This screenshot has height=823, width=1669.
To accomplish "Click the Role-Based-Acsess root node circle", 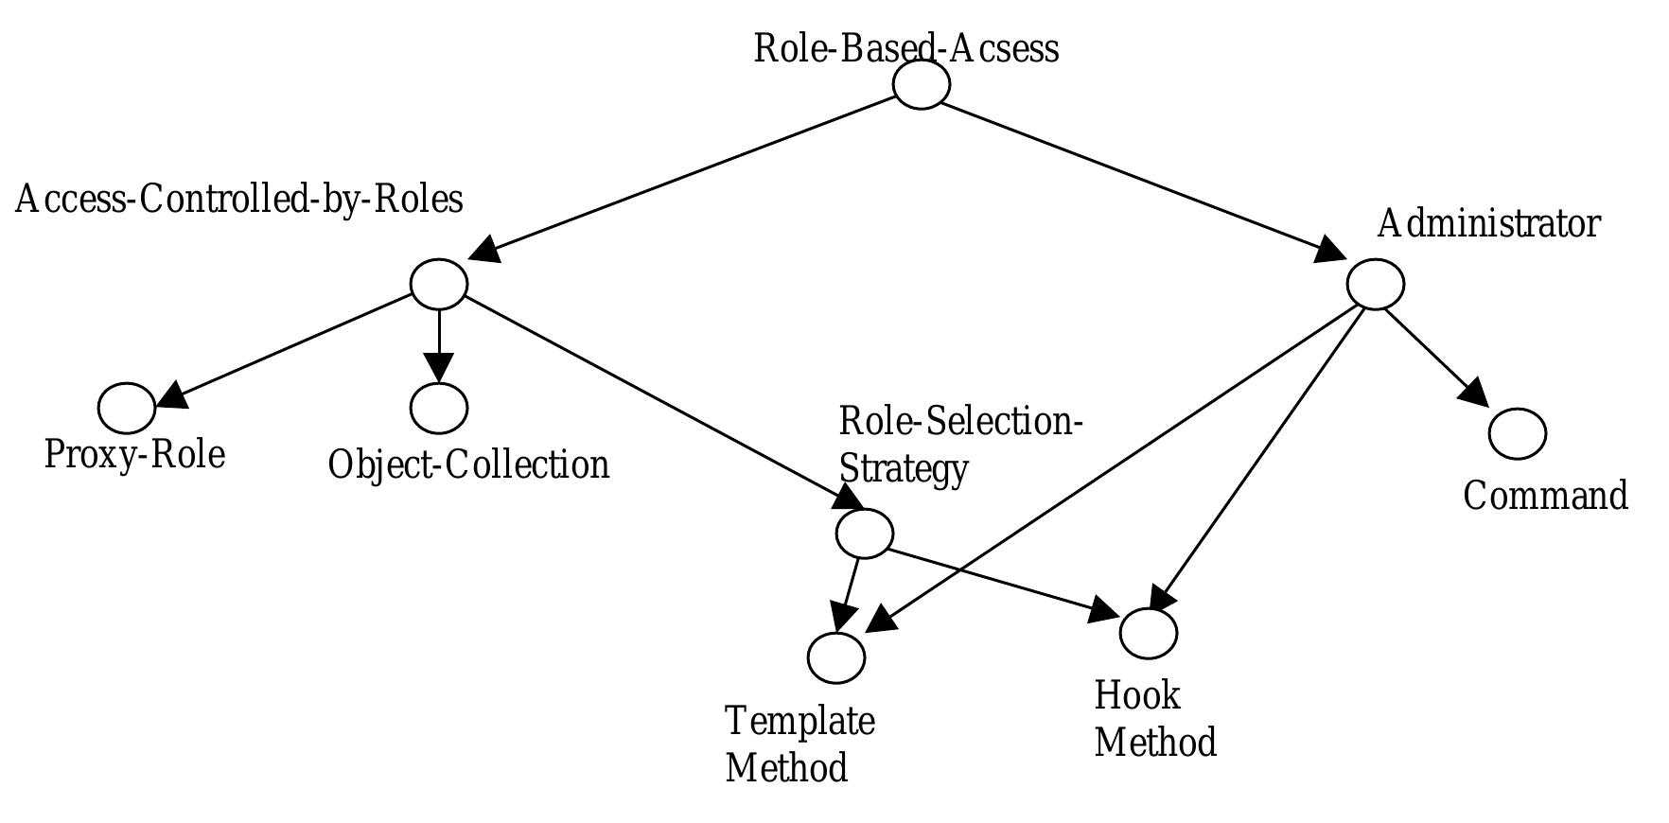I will (921, 84).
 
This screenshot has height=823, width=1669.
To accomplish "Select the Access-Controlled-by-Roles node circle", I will (439, 283).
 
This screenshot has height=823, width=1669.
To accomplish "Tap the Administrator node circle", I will (1375, 284).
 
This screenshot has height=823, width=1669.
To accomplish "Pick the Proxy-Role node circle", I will (127, 408).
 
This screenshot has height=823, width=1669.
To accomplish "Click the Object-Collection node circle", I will (439, 408).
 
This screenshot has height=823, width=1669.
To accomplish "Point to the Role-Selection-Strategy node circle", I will (864, 533).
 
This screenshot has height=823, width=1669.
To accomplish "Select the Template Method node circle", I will (836, 657).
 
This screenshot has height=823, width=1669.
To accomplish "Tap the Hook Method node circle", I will (1148, 632).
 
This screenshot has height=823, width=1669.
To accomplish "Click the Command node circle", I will (1517, 433).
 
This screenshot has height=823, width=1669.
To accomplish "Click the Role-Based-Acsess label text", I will (905, 47).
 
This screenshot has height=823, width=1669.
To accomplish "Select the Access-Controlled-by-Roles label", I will (238, 200).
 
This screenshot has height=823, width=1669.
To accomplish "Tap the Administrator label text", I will (1488, 224).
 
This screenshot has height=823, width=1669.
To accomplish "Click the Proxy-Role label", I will (134, 455).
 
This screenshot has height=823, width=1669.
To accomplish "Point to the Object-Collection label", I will (468, 465).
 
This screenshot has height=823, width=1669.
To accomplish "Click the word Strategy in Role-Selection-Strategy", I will (904, 468).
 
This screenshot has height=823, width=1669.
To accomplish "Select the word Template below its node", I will (799, 721).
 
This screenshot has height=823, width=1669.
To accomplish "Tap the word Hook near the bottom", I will (1136, 695).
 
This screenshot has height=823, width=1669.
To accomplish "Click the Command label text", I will (1545, 496).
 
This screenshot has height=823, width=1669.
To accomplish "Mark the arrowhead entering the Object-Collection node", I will (439, 367).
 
